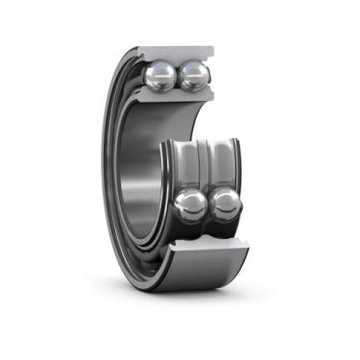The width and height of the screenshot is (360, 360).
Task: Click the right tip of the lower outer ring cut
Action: point(248,252)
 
